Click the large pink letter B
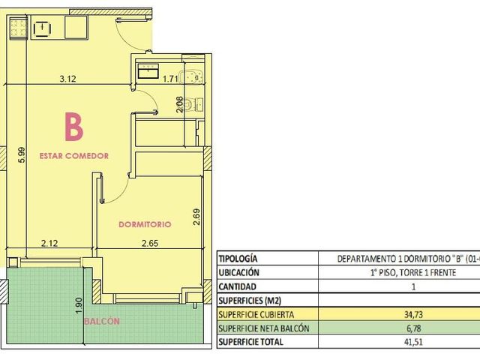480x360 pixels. pos(73,127)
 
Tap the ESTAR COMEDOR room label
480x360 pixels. pos(74,156)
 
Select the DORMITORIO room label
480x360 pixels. pos(145,224)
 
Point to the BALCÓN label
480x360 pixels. pos(102,321)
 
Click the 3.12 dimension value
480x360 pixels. pos(67,79)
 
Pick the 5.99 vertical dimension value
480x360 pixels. pos(22,155)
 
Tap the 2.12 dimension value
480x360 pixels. pos(49,243)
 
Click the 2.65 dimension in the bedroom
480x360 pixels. pos(150,243)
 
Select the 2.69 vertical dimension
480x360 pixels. pos(196,217)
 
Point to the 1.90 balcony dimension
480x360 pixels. pos(79,305)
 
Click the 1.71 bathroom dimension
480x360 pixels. pos(170,79)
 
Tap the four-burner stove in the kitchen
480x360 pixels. pos(18,28)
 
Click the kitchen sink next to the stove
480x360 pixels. pos(42,29)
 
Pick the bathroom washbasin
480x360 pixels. pos(148,71)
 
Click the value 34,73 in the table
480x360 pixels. pos(413,314)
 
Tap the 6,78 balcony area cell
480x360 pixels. pos(413,328)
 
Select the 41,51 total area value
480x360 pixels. pos(413,342)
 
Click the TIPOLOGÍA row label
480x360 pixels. pos(238,259)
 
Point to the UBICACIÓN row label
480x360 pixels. pos(238,272)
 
